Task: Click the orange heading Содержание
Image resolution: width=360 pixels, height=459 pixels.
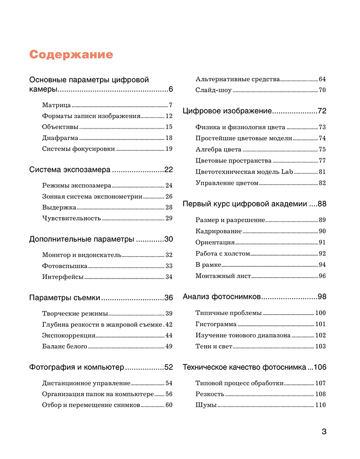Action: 71,55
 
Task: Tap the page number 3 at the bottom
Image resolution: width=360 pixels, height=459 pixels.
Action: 324,432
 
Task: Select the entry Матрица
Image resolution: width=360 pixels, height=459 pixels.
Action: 56,105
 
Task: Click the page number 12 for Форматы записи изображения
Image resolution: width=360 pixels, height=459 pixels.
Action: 169,116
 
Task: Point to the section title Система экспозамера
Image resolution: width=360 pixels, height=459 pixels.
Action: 70,170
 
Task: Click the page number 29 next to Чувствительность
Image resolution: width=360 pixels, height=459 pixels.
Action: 169,218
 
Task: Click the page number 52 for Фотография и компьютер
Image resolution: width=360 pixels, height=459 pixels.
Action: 168,368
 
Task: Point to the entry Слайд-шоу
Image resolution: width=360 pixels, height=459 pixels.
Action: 213,90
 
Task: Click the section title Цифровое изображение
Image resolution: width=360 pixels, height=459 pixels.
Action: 227,111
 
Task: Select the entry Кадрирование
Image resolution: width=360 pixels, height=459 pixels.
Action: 219,231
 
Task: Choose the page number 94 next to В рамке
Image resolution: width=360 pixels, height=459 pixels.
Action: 322,265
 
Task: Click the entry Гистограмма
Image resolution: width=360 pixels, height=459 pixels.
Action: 216,324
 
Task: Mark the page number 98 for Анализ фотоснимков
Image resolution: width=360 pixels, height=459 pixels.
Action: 322,297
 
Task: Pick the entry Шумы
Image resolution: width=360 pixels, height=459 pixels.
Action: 206,405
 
